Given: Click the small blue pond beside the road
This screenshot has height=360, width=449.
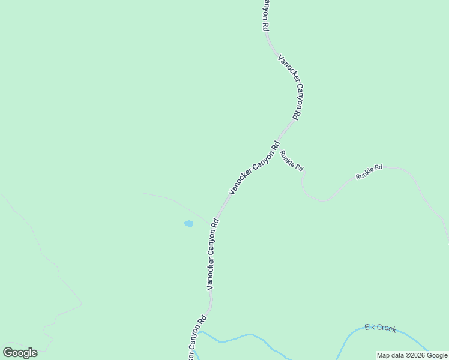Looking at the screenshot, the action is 188,224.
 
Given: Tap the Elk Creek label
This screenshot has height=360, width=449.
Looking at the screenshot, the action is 381,328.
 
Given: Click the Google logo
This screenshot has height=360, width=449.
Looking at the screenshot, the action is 20,353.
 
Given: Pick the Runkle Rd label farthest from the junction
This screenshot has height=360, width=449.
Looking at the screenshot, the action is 369,172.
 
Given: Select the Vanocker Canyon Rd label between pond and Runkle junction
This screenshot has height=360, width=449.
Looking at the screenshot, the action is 254,167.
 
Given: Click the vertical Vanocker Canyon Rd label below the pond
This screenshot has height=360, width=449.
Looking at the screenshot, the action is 213,254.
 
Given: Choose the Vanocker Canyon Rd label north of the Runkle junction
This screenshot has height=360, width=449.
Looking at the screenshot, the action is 289,86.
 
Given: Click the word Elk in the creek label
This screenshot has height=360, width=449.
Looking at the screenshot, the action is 370,328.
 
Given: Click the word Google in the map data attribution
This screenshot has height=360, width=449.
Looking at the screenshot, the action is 437,355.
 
